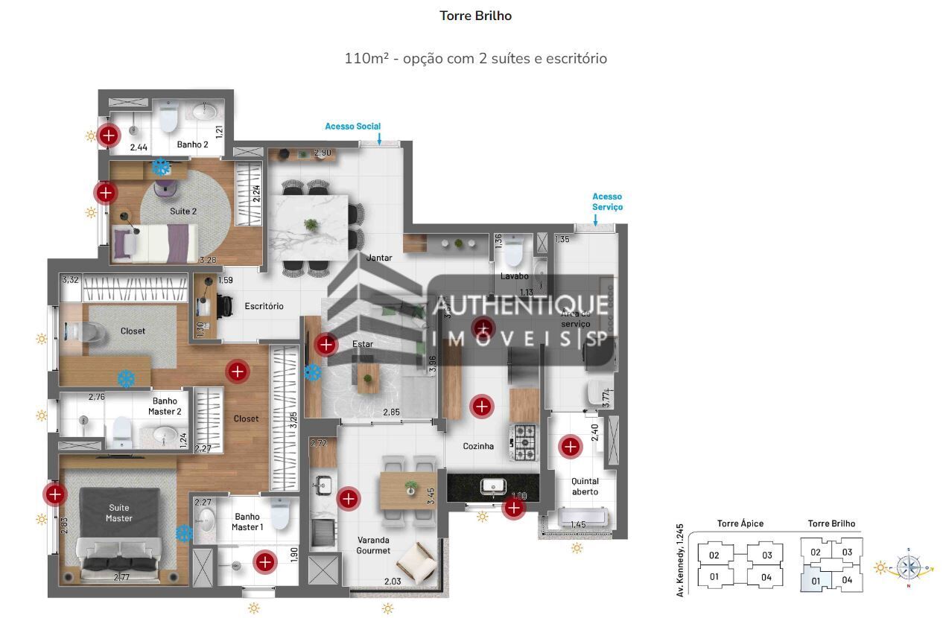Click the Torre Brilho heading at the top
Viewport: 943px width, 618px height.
(x=475, y=16)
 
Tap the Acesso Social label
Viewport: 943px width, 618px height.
(x=352, y=127)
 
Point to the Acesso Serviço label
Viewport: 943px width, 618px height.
(x=607, y=202)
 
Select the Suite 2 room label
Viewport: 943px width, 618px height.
(x=183, y=211)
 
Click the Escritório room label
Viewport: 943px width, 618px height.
(x=264, y=306)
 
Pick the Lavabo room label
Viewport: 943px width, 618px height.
(x=514, y=276)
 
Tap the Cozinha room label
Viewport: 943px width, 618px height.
(x=478, y=447)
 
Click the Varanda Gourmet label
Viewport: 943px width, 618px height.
(x=373, y=545)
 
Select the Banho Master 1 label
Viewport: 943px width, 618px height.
(x=247, y=522)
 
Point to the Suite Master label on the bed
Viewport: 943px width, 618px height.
(x=118, y=513)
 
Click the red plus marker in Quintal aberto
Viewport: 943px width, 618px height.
(x=570, y=446)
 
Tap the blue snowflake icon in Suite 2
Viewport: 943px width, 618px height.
(x=161, y=166)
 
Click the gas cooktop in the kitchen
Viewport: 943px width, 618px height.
(x=524, y=442)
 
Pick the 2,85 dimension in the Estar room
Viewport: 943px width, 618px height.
(x=392, y=412)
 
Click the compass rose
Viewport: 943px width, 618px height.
(x=909, y=567)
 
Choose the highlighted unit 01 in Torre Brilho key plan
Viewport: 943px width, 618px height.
(x=815, y=579)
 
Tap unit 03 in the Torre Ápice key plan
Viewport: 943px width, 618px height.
(x=766, y=555)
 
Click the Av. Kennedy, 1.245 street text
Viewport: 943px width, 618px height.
(x=679, y=560)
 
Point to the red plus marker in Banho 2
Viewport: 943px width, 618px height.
(x=109, y=136)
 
